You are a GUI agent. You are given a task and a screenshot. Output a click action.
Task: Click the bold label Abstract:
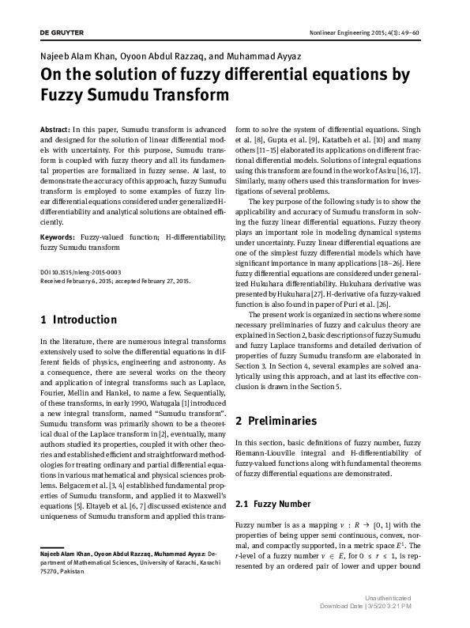(54, 128)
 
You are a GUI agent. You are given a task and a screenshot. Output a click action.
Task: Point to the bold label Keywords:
(56, 236)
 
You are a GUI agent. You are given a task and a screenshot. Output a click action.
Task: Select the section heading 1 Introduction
(78, 320)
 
